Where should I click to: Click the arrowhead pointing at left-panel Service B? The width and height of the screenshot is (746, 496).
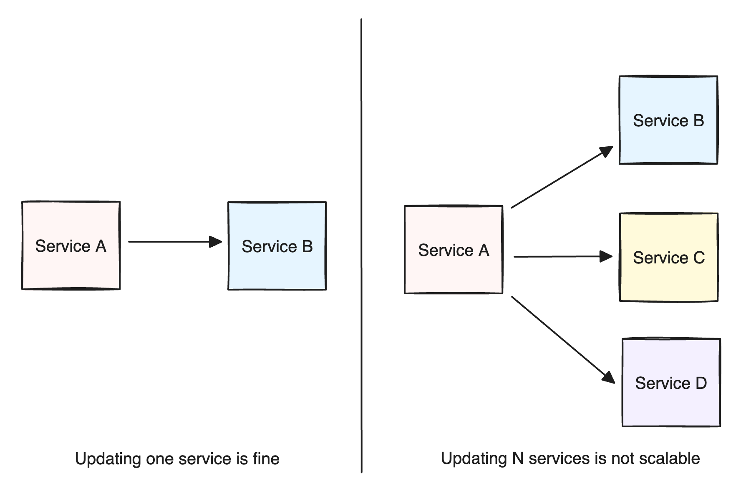[x=216, y=242]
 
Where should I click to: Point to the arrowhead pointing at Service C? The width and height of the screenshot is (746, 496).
[x=606, y=256]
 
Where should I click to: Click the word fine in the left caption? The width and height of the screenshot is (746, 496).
[x=266, y=458]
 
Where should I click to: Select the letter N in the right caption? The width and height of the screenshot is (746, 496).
[x=517, y=458]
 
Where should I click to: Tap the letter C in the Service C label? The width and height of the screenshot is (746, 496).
[x=699, y=257]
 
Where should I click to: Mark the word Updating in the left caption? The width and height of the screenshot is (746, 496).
[x=108, y=459]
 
